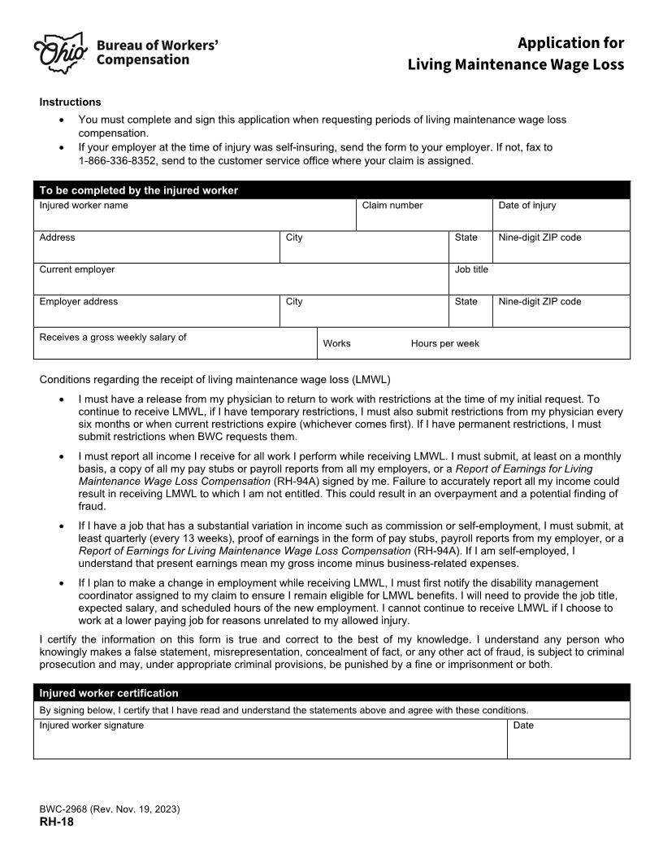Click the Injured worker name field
click(195, 217)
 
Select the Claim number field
click(424, 217)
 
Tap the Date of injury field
click(561, 217)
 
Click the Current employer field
click(240, 281)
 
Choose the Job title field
click(539, 281)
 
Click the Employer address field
click(156, 314)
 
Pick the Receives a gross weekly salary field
click(175, 347)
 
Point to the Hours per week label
click(444, 343)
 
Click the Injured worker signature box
click(270, 742)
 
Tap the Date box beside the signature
click(568, 742)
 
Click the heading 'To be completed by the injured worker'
click(139, 190)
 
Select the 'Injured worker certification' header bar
click(109, 693)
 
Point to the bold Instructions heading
click(71, 102)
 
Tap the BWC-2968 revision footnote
click(110, 809)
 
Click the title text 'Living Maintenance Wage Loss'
click(515, 63)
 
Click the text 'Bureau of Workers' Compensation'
click(157, 52)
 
